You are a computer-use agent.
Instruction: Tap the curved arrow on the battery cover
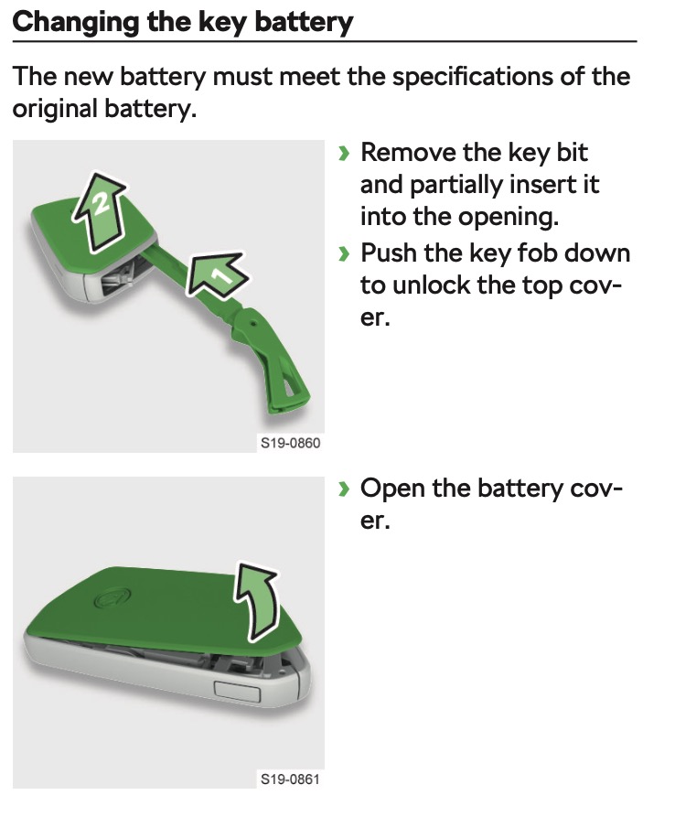tap(260, 598)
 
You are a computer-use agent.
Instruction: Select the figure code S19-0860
tap(290, 444)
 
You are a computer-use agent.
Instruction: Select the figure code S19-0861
tap(290, 779)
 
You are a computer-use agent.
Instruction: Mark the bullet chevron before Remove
tap(344, 153)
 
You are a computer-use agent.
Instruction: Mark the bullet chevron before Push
tap(344, 252)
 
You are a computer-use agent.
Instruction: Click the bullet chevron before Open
tap(344, 489)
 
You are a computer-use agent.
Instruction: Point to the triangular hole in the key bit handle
tap(294, 389)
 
